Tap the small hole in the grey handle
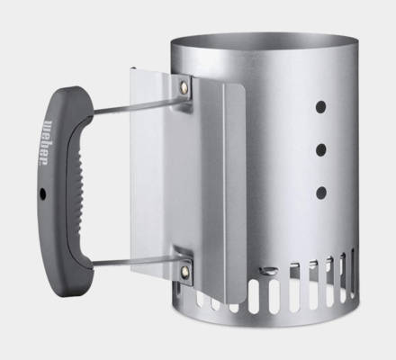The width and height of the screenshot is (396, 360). click(x=43, y=194)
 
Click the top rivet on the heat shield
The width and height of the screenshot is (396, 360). click(x=184, y=87)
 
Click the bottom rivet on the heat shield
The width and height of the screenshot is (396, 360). click(x=184, y=271)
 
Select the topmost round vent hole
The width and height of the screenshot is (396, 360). click(x=320, y=107)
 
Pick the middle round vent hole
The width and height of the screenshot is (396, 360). click(x=321, y=150)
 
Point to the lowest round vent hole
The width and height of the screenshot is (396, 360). click(x=321, y=193)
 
